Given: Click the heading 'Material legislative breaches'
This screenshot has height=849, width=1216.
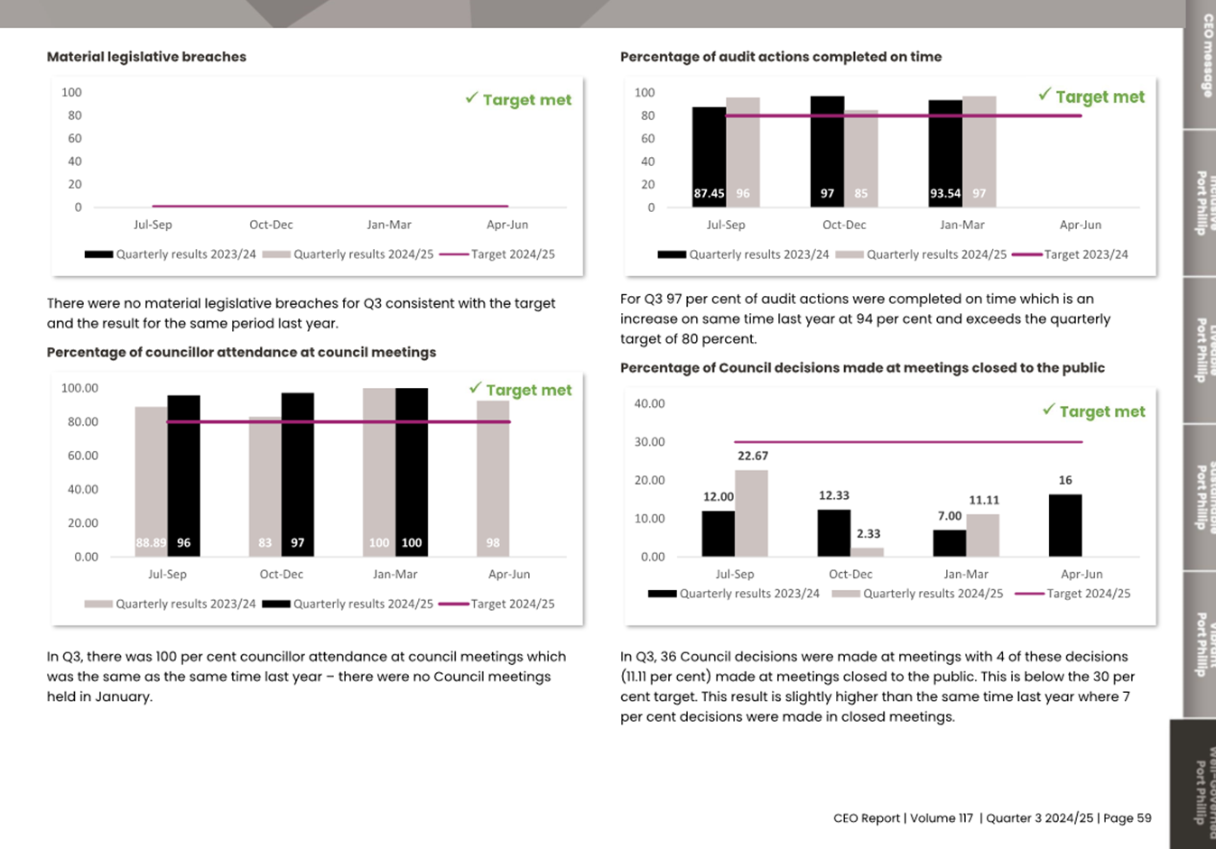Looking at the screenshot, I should point(146,57).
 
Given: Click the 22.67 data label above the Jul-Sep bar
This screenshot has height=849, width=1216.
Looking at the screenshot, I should point(752,457).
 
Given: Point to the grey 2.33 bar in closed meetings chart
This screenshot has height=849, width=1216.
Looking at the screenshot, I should point(867,551).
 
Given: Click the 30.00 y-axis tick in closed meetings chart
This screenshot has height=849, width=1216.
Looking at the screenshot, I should point(649,442).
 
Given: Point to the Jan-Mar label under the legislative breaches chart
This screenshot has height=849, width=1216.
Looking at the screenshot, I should point(389,225).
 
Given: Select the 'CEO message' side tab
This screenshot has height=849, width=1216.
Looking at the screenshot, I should point(1204,54).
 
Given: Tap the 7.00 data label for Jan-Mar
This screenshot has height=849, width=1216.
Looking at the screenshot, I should point(949,516).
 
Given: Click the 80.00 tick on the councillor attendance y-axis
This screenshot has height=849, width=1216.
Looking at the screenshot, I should point(79,422).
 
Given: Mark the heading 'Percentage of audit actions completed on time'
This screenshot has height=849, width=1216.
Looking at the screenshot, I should point(781,57).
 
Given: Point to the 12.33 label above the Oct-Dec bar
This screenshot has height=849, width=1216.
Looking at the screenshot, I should point(833,495).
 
